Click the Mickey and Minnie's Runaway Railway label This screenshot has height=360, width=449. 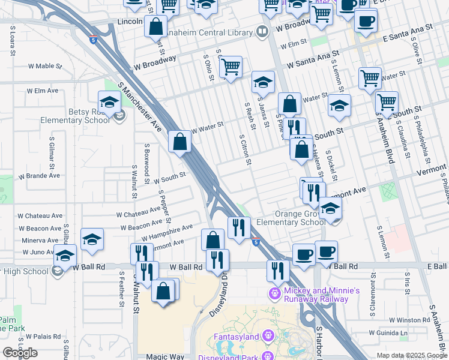pos(322,294)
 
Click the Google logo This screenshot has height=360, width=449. pos(20,353)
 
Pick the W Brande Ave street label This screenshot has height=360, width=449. pos(39,176)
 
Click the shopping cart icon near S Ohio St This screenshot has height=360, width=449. pos(231,67)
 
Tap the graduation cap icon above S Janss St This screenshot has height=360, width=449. pos(262,82)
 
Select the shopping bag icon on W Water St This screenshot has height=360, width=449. pos(179,142)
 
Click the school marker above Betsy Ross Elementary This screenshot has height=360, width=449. pos(109,102)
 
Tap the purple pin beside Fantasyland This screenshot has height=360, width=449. pos(268,336)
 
